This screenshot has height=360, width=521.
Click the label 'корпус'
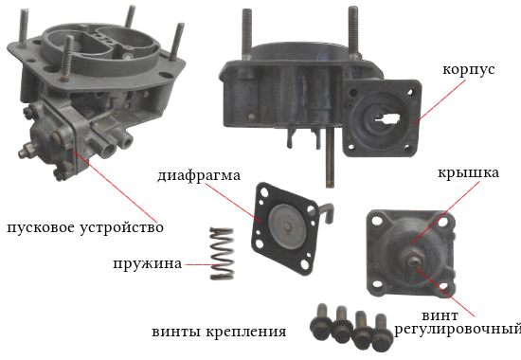(x=469, y=70)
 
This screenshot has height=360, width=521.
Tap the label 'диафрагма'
(x=199, y=175)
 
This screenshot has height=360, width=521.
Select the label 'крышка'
(x=468, y=173)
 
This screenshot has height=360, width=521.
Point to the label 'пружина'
(x=147, y=264)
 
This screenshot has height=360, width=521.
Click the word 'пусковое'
(x=41, y=228)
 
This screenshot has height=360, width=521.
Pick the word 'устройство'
(x=121, y=228)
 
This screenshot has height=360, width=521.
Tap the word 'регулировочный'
(x=458, y=329)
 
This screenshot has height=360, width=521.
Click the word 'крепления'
(x=246, y=332)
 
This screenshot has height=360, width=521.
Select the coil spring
(x=222, y=253)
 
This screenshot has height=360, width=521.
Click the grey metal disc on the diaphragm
(x=287, y=225)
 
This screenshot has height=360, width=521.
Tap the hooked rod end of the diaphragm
(x=328, y=213)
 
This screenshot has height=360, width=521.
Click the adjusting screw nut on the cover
(x=413, y=260)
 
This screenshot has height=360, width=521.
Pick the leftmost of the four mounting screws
(x=321, y=322)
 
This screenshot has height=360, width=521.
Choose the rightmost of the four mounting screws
(x=381, y=333)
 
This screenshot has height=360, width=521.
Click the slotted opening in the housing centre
(x=386, y=119)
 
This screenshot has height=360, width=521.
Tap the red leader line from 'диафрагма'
(x=233, y=202)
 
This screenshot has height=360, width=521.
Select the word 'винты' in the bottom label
(x=176, y=332)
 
